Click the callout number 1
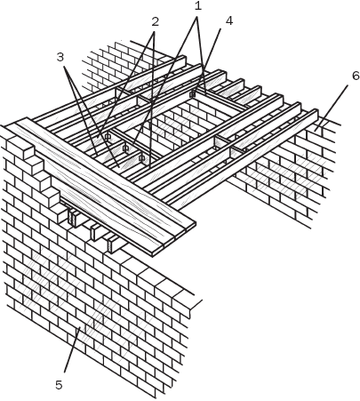point(197,5)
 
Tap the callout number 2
point(156,21)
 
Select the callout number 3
point(60,57)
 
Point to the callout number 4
point(229,20)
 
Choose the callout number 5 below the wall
point(59,385)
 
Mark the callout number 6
point(355,76)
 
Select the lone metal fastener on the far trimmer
point(192,92)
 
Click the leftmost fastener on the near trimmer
point(108,136)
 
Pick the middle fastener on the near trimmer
point(125,148)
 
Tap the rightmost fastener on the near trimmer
point(142,158)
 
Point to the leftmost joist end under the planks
point(72,216)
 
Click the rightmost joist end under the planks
point(111,242)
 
